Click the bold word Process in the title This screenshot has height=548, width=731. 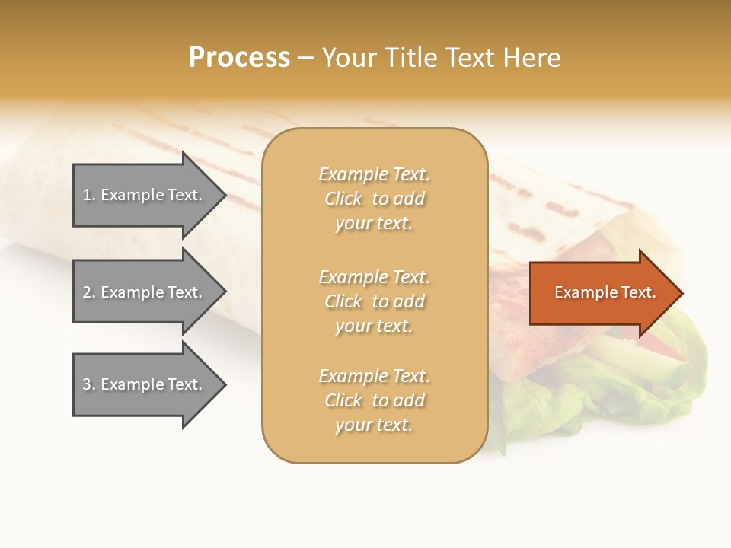tap(239, 58)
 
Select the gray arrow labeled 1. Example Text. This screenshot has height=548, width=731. tap(145, 195)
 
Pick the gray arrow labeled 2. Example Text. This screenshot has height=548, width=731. tap(145, 292)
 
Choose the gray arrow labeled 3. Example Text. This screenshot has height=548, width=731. tap(145, 384)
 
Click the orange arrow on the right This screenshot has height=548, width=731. tap(602, 292)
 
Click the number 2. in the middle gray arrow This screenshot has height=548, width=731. tap(89, 292)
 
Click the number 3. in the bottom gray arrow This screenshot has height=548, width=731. tap(89, 384)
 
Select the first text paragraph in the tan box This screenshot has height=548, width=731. tap(374, 199)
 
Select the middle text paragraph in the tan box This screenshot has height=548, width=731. tap(374, 301)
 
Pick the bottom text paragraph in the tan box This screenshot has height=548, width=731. tap(374, 400)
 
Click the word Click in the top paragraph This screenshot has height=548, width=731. tap(343, 199)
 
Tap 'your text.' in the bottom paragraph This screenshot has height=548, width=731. tap(374, 425)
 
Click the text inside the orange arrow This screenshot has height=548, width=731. tap(605, 292)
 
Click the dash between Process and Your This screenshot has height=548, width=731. tap(305, 58)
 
